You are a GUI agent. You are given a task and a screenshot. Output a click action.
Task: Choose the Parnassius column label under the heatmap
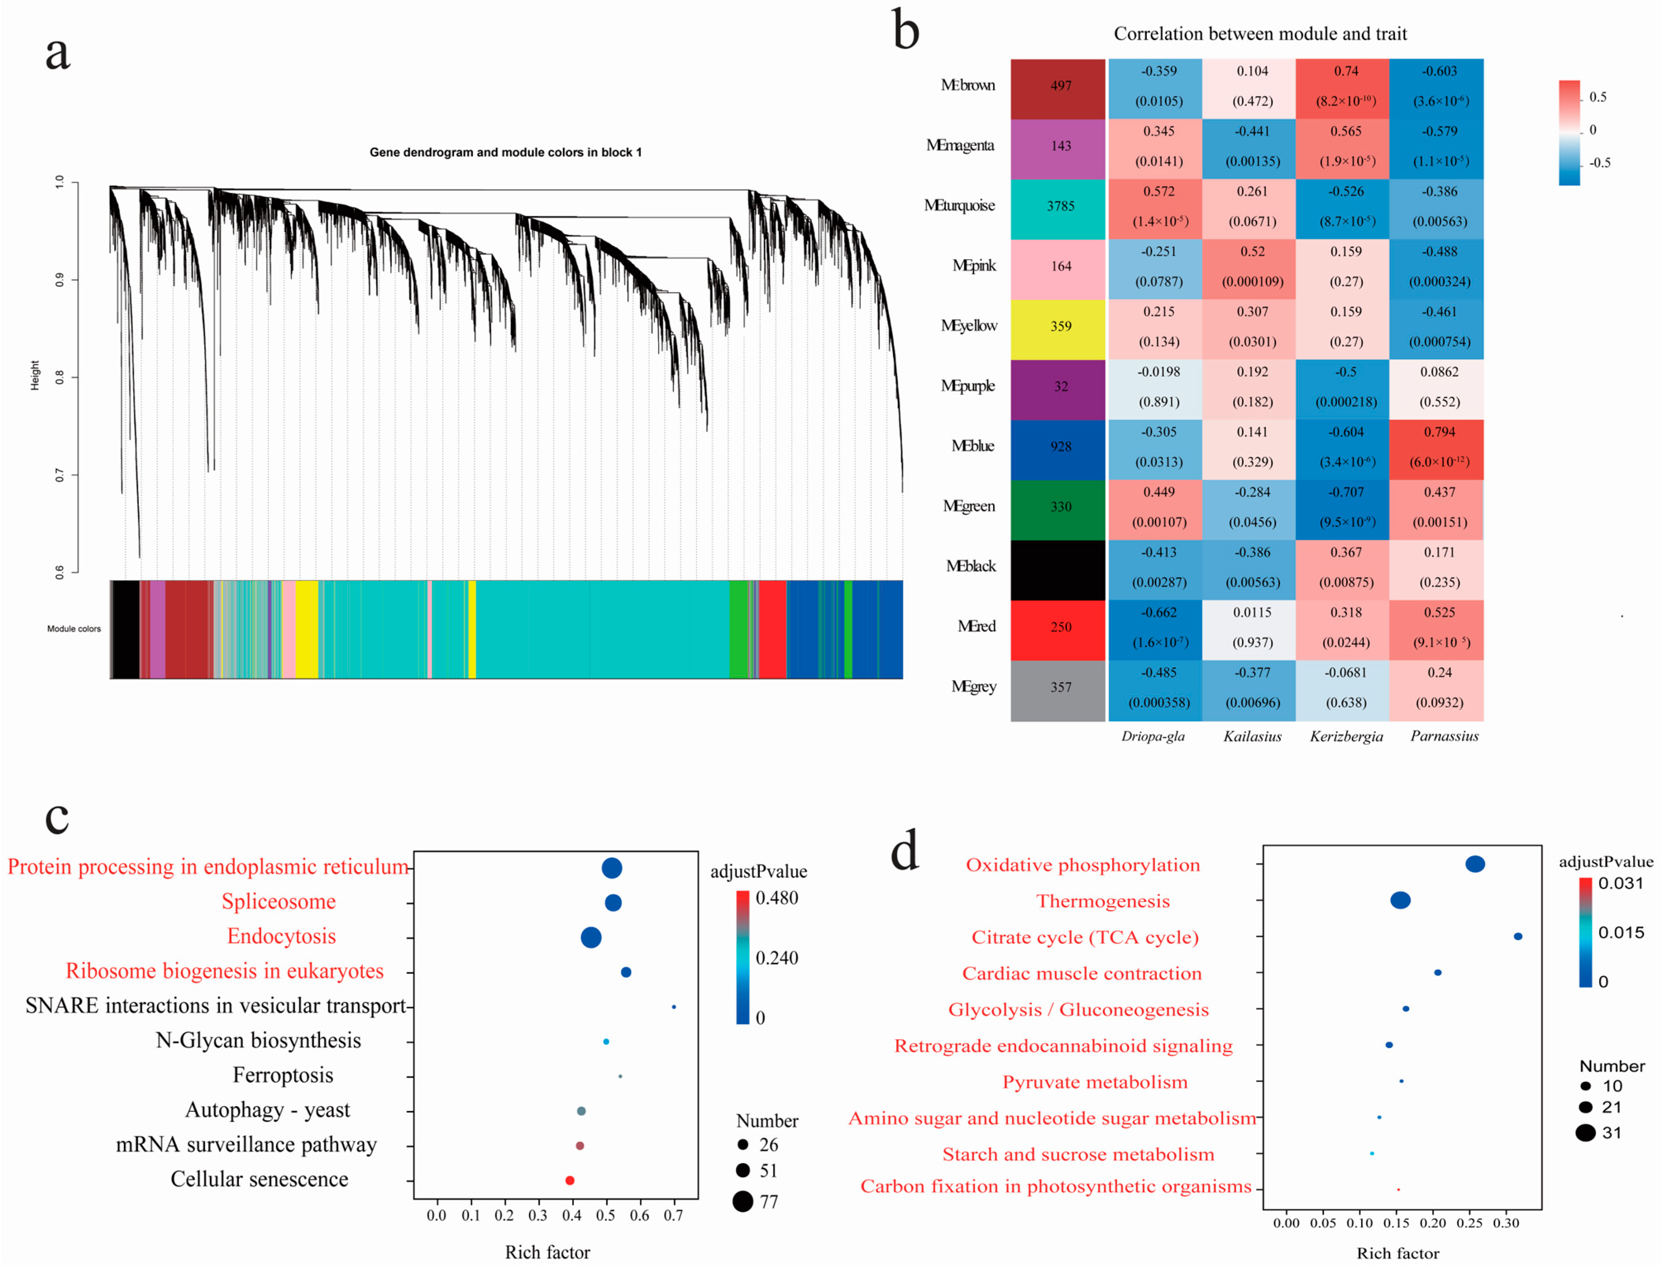tap(1444, 736)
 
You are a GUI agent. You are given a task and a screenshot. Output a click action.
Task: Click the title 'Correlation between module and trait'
tap(1260, 34)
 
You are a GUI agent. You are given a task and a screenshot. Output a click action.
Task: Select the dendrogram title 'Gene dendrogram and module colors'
tap(505, 152)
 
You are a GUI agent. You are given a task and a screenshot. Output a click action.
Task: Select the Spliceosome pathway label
tap(279, 902)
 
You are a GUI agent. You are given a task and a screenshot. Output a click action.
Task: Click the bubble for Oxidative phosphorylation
tap(1475, 864)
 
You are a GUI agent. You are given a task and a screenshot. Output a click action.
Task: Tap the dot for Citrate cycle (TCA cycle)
tap(1517, 937)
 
